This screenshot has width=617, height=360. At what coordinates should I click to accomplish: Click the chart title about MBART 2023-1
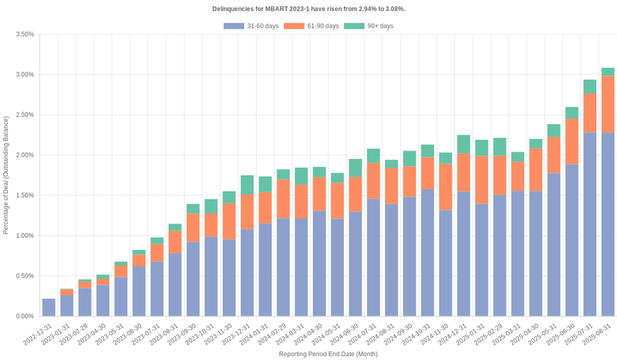tap(308, 8)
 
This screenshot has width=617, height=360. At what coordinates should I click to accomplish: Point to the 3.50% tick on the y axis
tap(24, 35)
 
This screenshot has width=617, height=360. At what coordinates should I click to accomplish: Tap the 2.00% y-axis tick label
tap(24, 155)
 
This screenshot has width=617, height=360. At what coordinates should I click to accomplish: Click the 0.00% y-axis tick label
tap(24, 316)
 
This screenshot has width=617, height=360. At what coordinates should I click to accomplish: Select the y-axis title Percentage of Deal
tap(7, 175)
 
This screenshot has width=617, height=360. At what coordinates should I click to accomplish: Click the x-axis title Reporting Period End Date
tap(328, 354)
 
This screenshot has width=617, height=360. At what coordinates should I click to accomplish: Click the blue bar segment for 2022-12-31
tap(49, 308)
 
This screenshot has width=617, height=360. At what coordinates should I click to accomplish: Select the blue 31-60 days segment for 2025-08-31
tap(608, 224)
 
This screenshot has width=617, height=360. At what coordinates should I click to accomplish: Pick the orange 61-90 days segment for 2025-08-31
tap(608, 104)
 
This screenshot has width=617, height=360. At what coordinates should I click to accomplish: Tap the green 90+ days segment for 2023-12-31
tap(247, 185)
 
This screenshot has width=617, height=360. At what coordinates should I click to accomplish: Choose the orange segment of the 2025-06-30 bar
tap(571, 141)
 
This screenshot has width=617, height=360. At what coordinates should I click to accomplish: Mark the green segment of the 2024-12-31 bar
tap(464, 144)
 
